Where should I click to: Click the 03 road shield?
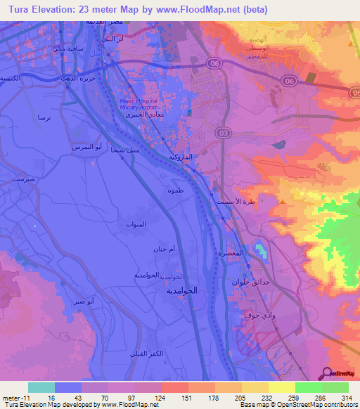[223, 132]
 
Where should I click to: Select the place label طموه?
[176, 191]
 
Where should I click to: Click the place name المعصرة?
[232, 252]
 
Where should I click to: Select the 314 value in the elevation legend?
[346, 397]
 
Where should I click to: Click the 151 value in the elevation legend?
[188, 397]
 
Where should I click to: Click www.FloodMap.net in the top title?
[199, 9]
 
